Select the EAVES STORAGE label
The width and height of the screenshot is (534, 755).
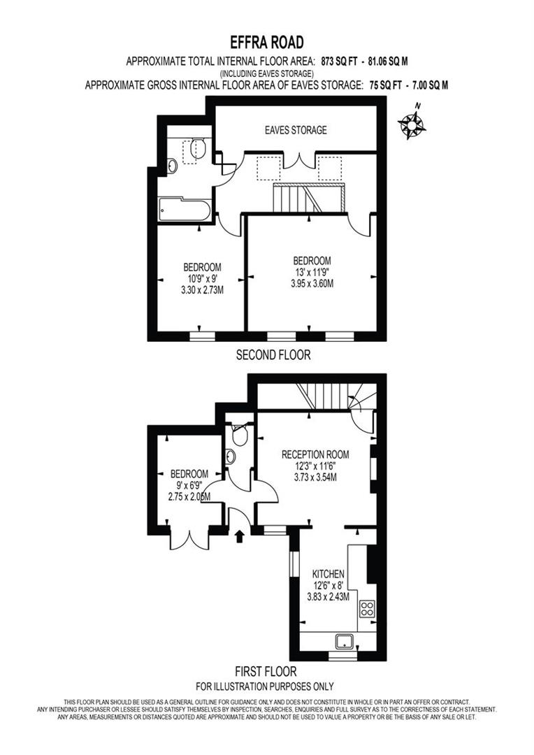pyautogui.click(x=296, y=130)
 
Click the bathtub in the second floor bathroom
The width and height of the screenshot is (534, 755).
pyautogui.click(x=183, y=209)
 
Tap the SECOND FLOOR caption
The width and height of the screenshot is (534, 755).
pyautogui.click(x=273, y=355)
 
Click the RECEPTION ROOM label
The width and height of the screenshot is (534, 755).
pyautogui.click(x=315, y=454)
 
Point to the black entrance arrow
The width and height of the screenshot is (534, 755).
pyautogui.click(x=240, y=536)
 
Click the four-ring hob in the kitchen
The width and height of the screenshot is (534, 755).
pyautogui.click(x=368, y=608)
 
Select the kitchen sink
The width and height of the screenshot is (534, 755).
pyautogui.click(x=343, y=641)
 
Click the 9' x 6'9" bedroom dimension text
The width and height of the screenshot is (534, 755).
pyautogui.click(x=189, y=484)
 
